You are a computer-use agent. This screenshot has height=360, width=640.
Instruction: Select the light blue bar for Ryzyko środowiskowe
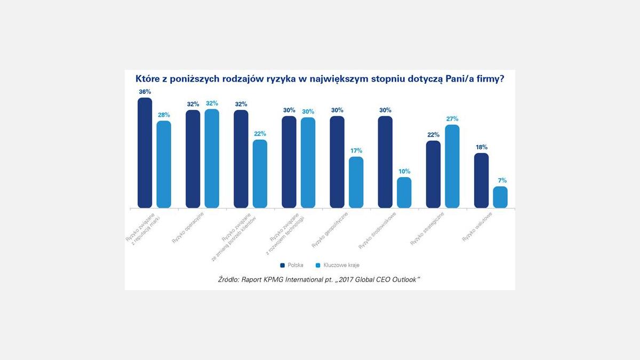[404, 193]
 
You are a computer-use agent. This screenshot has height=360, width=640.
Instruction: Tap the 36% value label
[145, 92]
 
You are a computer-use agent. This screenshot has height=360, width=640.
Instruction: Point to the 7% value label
[502, 180]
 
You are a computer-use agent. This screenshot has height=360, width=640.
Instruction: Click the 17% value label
[356, 150]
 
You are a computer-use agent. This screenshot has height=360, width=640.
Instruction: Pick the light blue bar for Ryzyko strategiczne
[452, 166]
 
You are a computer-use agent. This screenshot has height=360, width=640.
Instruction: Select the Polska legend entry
[292, 265]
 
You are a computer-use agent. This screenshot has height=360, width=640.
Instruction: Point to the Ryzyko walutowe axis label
[476, 227]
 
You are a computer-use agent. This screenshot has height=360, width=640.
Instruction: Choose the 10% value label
[404, 171]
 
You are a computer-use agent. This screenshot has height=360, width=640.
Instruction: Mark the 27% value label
[452, 119]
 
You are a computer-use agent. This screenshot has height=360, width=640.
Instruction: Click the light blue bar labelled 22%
[260, 174]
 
